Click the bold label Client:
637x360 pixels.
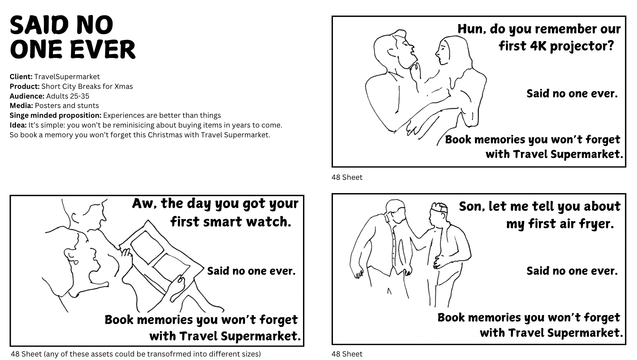coord(21,77)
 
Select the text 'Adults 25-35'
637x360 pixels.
coord(68,96)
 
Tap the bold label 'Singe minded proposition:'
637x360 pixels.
coord(55,115)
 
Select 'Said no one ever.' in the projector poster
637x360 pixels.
coord(572,93)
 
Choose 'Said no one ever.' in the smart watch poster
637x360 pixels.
coord(251,271)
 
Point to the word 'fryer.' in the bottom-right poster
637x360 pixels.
coord(597,224)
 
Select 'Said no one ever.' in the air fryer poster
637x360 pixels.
coord(572,271)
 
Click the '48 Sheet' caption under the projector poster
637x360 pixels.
coord(347,177)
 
